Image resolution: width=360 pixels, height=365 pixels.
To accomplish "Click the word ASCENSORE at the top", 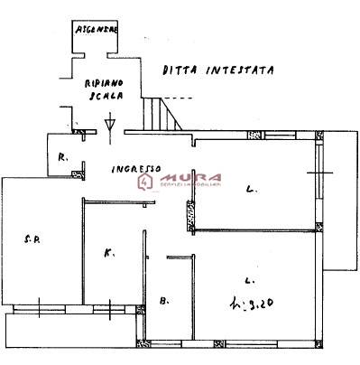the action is tap(97, 29).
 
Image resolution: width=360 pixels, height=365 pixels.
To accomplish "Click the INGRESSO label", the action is tap(135, 168).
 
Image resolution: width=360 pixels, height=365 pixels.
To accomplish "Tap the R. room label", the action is tap(62, 157).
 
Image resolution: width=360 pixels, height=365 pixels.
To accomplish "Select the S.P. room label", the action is tap(30, 239).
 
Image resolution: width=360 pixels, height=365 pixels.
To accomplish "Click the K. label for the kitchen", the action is tap(108, 254).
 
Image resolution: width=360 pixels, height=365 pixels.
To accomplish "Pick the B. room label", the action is tap(163, 300).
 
